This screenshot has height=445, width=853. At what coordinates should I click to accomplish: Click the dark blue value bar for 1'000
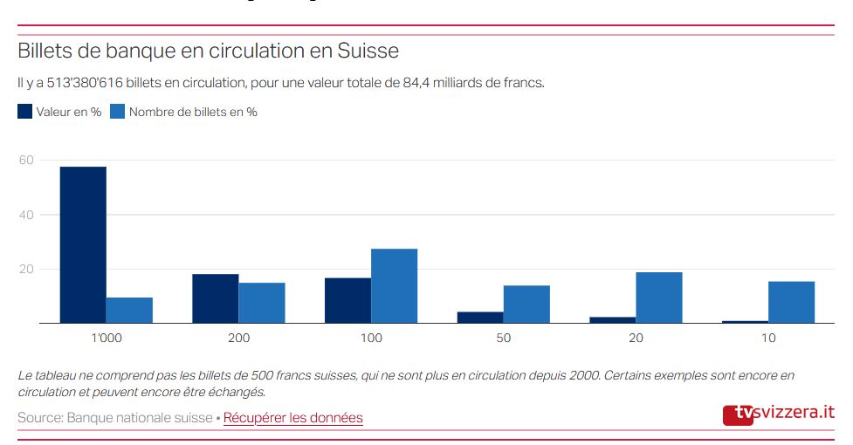[83, 244]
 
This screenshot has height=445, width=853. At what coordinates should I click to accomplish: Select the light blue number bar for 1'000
[129, 310]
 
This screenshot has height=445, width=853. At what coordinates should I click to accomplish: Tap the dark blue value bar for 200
[215, 298]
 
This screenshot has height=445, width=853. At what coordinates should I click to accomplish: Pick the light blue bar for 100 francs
[394, 286]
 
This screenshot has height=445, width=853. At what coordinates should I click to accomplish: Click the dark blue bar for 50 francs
[480, 318]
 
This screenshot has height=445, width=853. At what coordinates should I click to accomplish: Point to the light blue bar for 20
[658, 298]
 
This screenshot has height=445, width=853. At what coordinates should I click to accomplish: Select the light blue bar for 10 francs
[791, 302]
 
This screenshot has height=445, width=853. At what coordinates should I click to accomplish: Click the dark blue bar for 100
[347, 300]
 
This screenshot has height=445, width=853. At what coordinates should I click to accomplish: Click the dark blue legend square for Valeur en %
[25, 112]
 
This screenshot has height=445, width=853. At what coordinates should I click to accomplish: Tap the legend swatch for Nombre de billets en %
[118, 112]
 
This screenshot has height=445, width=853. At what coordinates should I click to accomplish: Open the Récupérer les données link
[292, 418]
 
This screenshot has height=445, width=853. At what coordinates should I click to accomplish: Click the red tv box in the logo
[738, 414]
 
